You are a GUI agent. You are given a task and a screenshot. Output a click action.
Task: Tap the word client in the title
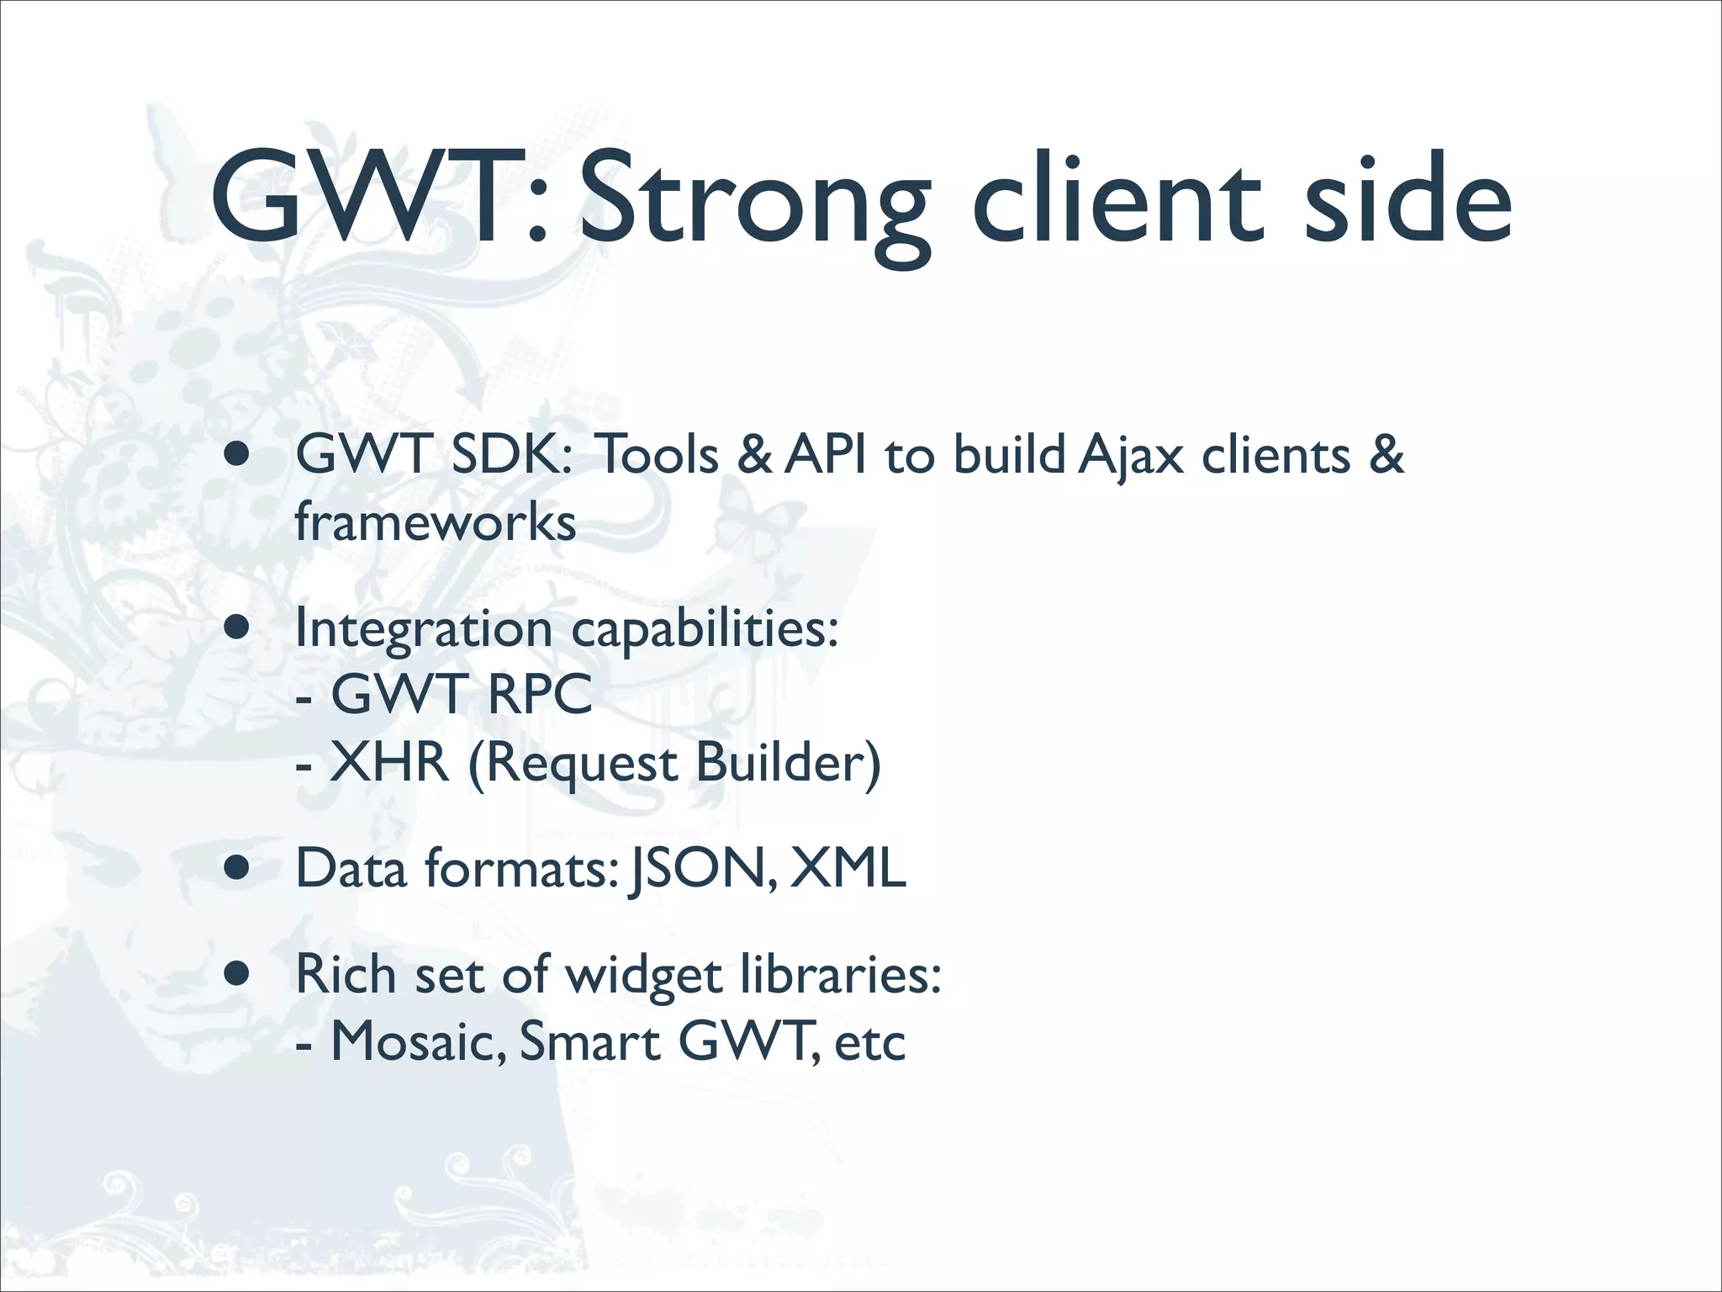click(1118, 198)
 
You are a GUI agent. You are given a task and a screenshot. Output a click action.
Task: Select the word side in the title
click(1408, 198)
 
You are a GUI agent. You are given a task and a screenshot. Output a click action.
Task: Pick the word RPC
click(539, 695)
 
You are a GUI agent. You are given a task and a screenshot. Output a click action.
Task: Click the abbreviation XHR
click(389, 763)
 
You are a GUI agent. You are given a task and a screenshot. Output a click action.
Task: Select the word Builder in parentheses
click(788, 763)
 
